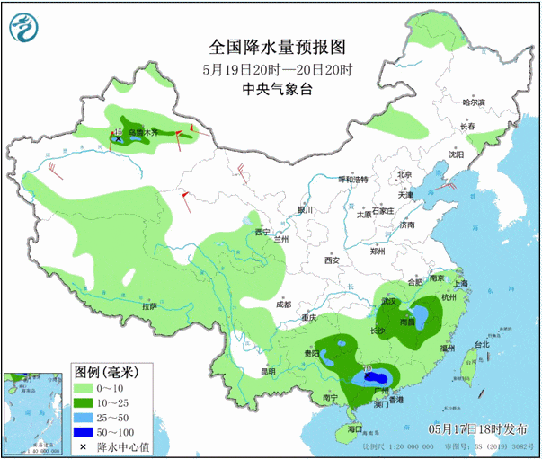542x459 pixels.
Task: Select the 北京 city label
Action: pyautogui.click(x=404, y=175)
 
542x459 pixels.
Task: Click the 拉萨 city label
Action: pyautogui.click(x=148, y=306)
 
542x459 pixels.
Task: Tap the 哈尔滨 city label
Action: pyautogui.click(x=473, y=102)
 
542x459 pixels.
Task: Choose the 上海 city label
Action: pyautogui.click(x=461, y=283)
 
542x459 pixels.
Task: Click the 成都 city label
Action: pyautogui.click(x=284, y=305)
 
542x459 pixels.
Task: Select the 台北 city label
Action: pyautogui.click(x=482, y=344)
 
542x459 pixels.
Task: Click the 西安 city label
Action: pyautogui.click(x=333, y=260)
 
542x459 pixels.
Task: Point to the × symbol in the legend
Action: pyautogui.click(x=83, y=446)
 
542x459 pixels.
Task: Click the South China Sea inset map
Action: pyautogui.click(x=32, y=414)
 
